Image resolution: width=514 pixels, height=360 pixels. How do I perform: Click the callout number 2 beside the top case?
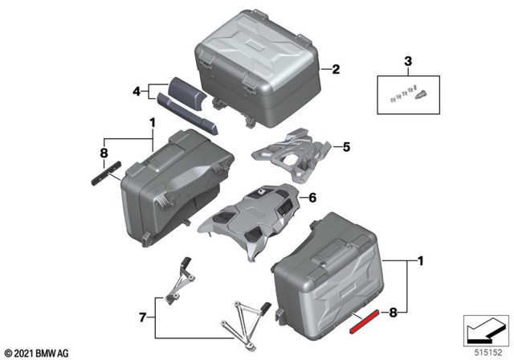[337, 69]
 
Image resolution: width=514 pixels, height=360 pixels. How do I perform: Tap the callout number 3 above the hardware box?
[407, 61]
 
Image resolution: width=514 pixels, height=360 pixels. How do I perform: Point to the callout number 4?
[137, 92]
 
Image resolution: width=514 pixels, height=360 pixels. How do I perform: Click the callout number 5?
[347, 147]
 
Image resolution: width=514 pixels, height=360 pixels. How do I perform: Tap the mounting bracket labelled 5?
[292, 157]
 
